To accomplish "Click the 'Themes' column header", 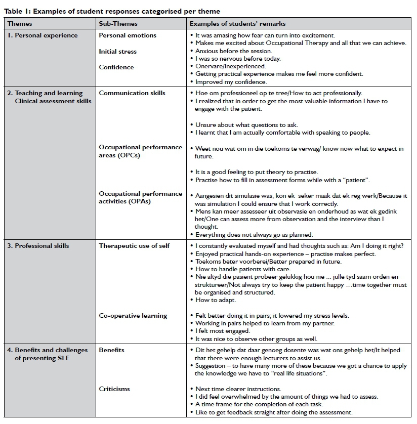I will (x=20, y=24).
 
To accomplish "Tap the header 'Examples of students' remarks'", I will (x=237, y=24).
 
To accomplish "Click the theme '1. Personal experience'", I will (x=42, y=35).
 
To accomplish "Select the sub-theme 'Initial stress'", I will (x=117, y=52).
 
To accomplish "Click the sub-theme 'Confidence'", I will (x=116, y=67).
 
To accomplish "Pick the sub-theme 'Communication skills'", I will (x=132, y=93).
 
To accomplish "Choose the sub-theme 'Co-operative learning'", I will (x=133, y=316).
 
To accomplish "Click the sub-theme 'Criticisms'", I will (x=114, y=389).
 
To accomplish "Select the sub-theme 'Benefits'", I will (x=111, y=350).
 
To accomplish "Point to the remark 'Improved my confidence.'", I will (x=231, y=82).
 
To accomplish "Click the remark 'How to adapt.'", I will (x=216, y=300).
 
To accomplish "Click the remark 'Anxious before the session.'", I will (x=234, y=51).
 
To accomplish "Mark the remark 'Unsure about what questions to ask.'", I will (x=247, y=124).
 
